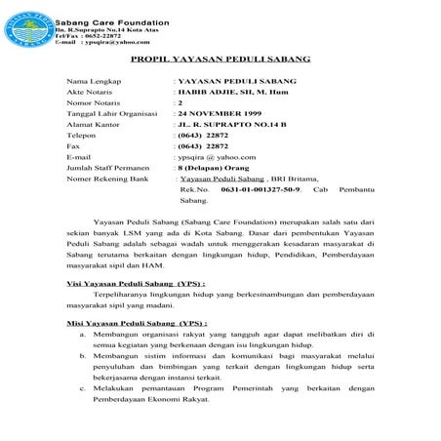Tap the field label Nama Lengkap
click(x=89, y=81)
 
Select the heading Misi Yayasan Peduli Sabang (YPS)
click(x=136, y=321)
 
